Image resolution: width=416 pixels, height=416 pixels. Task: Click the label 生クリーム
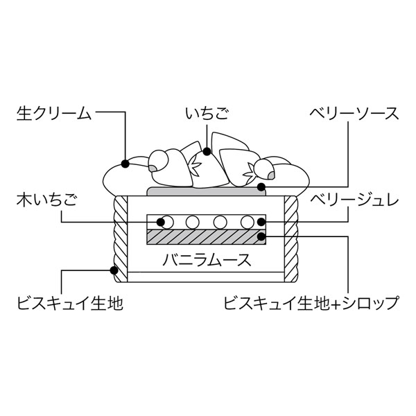pos(53,113)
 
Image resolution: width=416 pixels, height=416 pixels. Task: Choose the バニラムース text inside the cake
pos(207,261)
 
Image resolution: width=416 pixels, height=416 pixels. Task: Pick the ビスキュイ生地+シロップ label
pos(311,303)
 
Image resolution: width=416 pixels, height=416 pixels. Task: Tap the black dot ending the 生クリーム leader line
pos(125,164)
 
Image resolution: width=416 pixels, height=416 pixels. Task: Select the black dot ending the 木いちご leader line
pos(161,222)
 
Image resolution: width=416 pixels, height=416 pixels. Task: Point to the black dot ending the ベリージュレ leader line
pos(261,222)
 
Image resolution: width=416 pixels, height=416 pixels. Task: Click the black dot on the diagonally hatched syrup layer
pos(261,237)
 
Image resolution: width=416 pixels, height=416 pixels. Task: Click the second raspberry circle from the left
pos(192,222)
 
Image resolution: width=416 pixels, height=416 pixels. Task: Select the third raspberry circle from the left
pos(220,222)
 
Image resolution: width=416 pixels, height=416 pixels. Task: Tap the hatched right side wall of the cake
pos(291,239)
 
